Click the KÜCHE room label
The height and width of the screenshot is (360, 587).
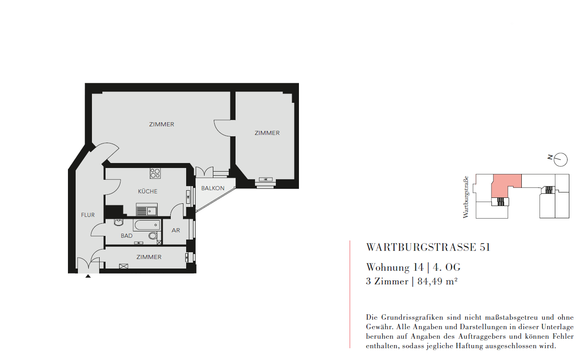(x=148, y=191)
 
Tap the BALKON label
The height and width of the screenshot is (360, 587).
(x=213, y=188)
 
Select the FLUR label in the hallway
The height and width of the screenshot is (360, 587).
(x=88, y=215)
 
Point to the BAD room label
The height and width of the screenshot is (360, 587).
(x=126, y=236)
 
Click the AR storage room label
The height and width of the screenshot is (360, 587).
(x=176, y=230)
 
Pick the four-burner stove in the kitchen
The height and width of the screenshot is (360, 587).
(x=155, y=173)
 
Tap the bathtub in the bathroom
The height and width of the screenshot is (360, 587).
(x=147, y=225)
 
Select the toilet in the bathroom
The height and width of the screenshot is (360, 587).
(x=153, y=235)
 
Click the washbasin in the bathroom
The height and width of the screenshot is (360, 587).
(x=119, y=222)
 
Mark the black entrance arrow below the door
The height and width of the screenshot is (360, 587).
(x=88, y=276)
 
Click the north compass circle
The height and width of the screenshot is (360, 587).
(x=561, y=159)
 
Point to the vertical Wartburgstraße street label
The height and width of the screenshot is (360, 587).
(x=466, y=197)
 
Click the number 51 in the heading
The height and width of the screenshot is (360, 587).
(x=485, y=247)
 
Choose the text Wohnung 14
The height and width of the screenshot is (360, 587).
(x=395, y=268)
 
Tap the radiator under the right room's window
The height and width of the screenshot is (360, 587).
(x=266, y=179)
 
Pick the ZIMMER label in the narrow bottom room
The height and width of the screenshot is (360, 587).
(x=149, y=257)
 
